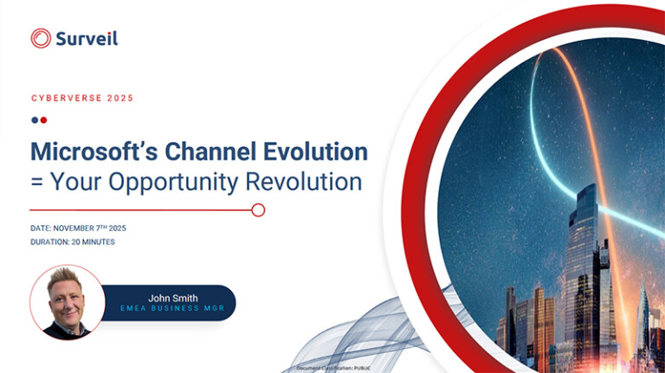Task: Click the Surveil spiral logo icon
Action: (x=41, y=38)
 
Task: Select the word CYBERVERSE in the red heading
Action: (x=65, y=99)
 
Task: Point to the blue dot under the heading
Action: (x=35, y=120)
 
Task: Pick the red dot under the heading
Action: (x=43, y=120)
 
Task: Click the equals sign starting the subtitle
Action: (x=36, y=183)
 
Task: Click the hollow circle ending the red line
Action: (x=258, y=209)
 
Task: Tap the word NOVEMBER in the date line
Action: (x=80, y=228)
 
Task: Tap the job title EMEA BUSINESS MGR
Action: (x=173, y=310)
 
